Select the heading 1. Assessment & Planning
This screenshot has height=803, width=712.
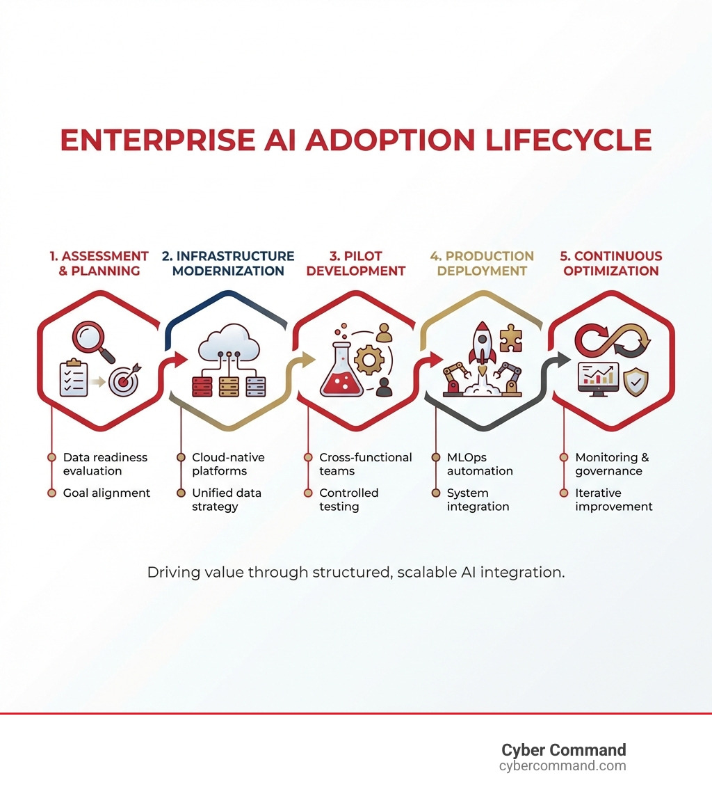pyautogui.click(x=99, y=264)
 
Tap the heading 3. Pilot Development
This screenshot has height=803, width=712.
pyautogui.click(x=355, y=264)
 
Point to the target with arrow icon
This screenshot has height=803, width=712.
pyautogui.click(x=125, y=379)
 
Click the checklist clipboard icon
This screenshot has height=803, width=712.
pyautogui.click(x=74, y=379)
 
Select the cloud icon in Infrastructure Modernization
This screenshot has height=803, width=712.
pyautogui.click(x=228, y=342)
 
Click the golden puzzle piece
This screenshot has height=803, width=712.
pyautogui.click(x=511, y=338)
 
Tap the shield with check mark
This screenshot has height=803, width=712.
pyautogui.click(x=636, y=383)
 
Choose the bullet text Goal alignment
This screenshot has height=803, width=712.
pyautogui.click(x=106, y=493)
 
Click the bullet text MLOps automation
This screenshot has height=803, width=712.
pyautogui.click(x=480, y=464)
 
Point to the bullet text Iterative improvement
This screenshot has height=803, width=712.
pyautogui.click(x=613, y=500)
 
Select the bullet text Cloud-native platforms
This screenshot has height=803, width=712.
pyautogui.click(x=228, y=464)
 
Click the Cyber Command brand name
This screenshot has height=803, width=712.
pyautogui.click(x=563, y=750)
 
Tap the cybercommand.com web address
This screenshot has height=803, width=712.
pyautogui.click(x=563, y=766)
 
